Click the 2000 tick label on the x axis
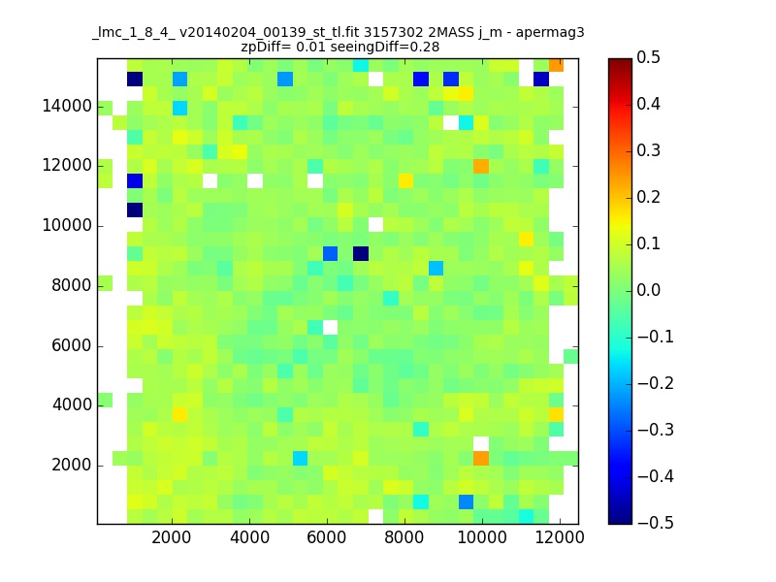point(172,537)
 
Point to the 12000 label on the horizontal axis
point(560,537)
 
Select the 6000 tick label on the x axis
point(327,537)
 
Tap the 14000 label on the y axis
point(67,106)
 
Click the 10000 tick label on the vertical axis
point(67,226)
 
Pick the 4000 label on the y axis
point(72,404)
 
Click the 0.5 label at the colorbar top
point(648,57)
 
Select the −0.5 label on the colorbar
point(656,523)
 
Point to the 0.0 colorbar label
point(648,290)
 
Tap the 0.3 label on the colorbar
point(648,150)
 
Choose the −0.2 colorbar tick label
point(656,383)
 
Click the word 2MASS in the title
point(451,33)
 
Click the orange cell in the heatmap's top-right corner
point(556,65)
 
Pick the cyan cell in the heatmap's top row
point(361,65)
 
